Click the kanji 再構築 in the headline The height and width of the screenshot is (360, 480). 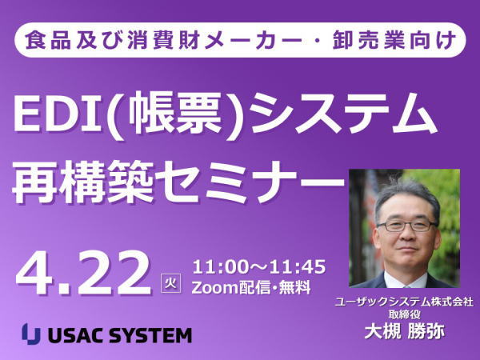[82, 182]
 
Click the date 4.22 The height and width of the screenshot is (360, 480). [83, 274]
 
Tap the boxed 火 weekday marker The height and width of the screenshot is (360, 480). [171, 283]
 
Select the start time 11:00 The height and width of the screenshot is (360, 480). [219, 267]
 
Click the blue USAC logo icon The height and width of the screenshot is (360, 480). [31, 334]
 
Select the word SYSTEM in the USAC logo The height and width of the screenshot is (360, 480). [150, 335]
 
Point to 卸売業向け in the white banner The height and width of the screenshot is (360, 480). [394, 40]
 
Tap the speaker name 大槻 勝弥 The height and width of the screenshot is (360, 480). [404, 332]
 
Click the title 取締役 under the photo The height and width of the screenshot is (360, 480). [404, 314]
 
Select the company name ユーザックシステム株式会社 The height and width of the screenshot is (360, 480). [404, 302]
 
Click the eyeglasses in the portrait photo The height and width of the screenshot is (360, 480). [407, 226]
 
